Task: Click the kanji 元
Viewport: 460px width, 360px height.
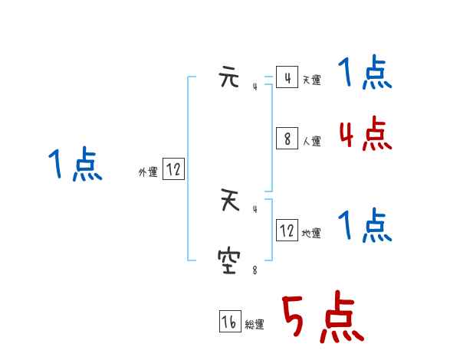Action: point(228,80)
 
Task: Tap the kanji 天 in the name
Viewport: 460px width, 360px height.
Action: point(228,203)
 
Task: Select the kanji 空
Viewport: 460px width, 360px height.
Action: point(228,263)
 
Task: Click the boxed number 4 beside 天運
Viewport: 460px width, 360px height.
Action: point(287,78)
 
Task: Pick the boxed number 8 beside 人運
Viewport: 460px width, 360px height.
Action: point(287,139)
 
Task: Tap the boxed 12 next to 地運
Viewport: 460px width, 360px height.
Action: point(287,230)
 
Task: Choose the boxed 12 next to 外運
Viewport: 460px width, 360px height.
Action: point(173,170)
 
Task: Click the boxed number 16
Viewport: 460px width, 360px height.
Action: point(230,322)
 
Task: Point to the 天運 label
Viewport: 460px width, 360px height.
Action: point(311,80)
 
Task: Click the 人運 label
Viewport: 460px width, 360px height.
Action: point(311,141)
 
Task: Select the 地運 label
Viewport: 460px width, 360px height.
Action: point(311,233)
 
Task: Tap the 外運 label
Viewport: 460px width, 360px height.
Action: point(148,172)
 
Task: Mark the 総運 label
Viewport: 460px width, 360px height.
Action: point(255,325)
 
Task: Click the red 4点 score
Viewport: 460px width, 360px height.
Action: point(365,134)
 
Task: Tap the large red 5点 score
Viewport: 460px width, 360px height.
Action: point(322,318)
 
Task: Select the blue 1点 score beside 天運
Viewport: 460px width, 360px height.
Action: point(365,74)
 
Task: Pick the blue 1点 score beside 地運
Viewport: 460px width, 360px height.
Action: point(365,226)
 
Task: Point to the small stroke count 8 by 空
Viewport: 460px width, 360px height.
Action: point(255,270)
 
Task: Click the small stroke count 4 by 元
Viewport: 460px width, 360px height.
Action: point(255,87)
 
